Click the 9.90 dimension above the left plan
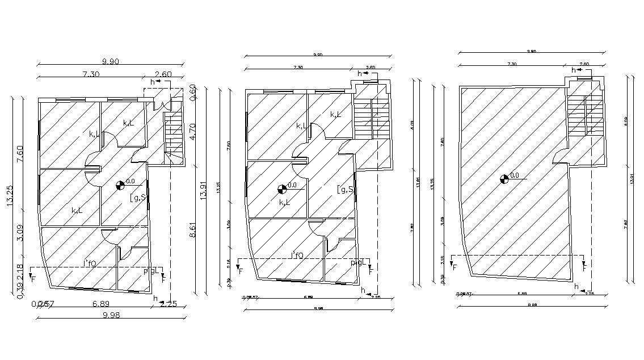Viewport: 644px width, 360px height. point(111,61)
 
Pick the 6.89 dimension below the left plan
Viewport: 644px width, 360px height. point(102,304)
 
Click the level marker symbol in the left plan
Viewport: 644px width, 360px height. point(120,184)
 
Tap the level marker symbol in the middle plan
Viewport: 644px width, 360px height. point(282,189)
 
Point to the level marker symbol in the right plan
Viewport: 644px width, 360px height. point(504,179)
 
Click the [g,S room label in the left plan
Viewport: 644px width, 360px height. point(138,197)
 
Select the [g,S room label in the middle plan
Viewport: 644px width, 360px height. point(345,189)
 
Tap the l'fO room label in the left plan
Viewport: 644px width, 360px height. point(90,263)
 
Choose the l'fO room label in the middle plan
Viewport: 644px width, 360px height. point(298,255)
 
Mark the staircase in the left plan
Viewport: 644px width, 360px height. point(172,133)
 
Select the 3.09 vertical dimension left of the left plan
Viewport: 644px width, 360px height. point(20,233)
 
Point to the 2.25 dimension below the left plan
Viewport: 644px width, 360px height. point(169,304)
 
